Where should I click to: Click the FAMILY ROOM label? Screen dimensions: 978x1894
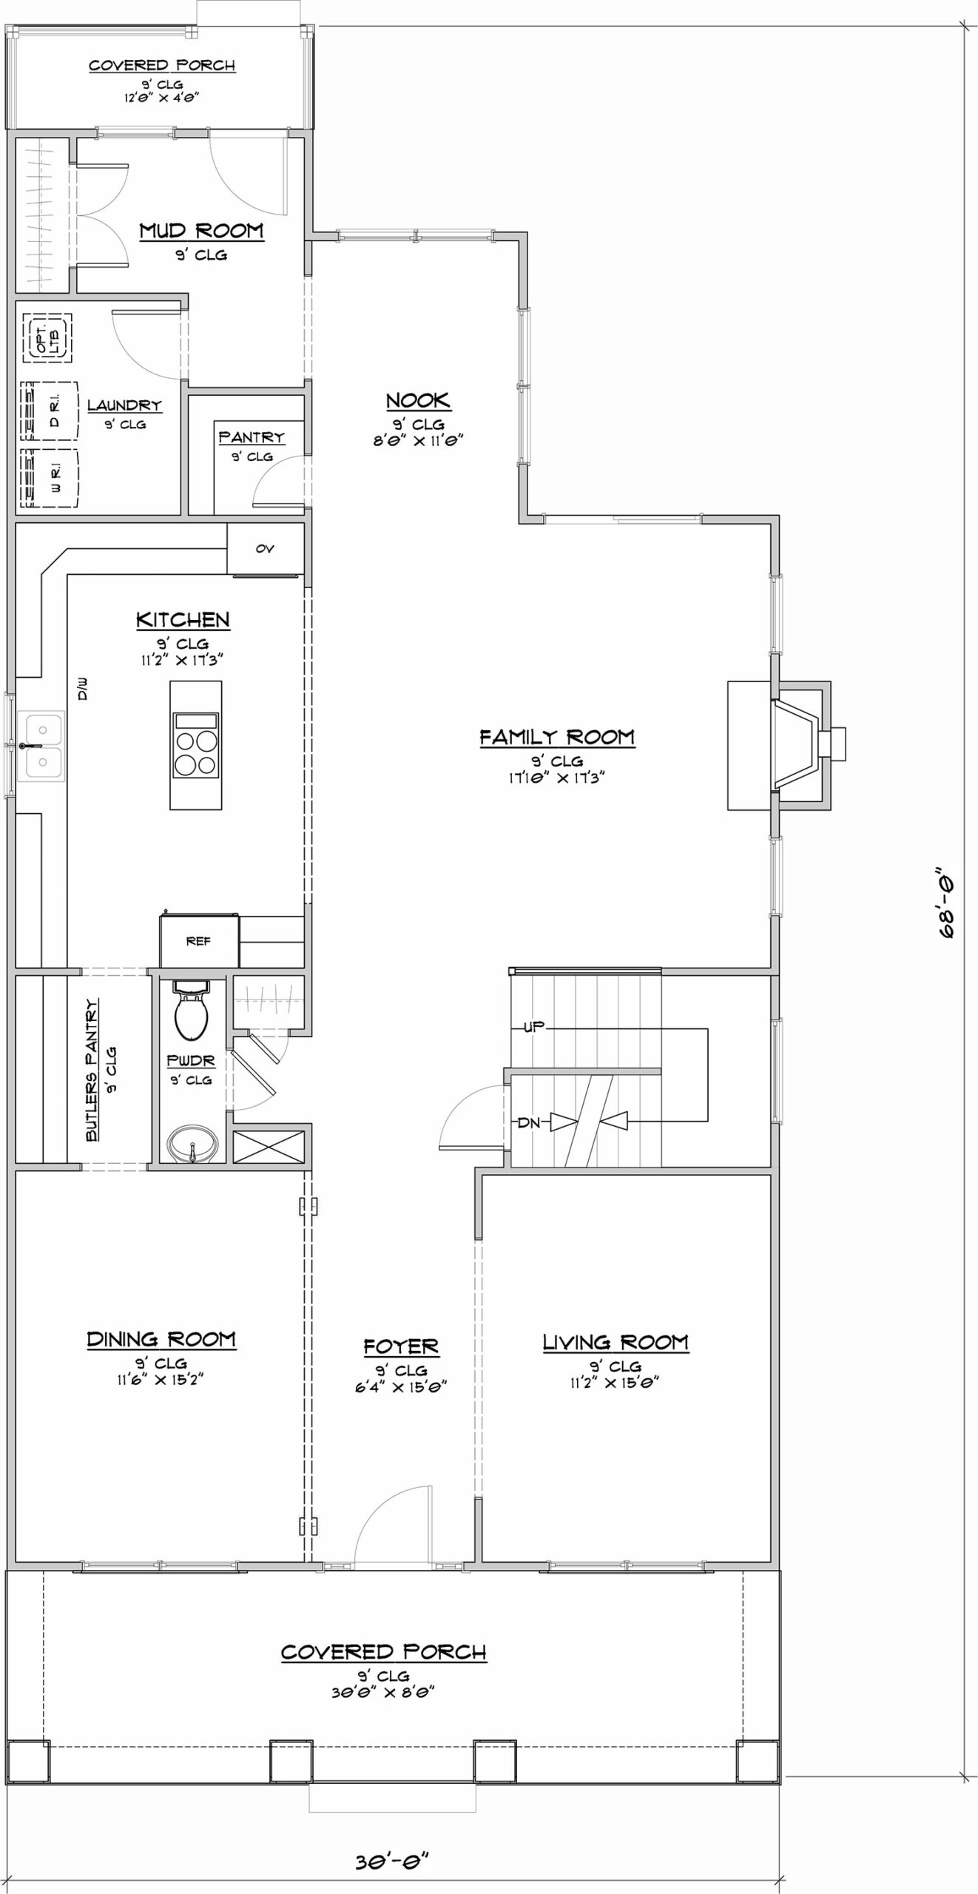pyautogui.click(x=557, y=737)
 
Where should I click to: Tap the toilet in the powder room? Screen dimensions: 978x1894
pyautogui.click(x=191, y=1010)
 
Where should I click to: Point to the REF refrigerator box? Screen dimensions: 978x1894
pyautogui.click(x=199, y=940)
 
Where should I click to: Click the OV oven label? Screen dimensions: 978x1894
pyautogui.click(x=265, y=548)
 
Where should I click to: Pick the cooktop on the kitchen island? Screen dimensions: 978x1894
pyautogui.click(x=195, y=745)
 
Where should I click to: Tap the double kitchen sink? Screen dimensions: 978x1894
pyautogui.click(x=41, y=746)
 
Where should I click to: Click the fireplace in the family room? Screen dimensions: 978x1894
pyautogui.click(x=786, y=745)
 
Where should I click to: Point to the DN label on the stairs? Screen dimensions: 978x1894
pyautogui.click(x=529, y=1122)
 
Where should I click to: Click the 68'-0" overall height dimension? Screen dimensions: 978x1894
pyautogui.click(x=946, y=902)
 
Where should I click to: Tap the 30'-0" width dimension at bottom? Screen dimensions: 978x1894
pyautogui.click(x=392, y=1860)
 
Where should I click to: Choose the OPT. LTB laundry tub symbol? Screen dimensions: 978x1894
pyautogui.click(x=48, y=338)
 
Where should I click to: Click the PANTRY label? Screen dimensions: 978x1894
pyautogui.click(x=252, y=437)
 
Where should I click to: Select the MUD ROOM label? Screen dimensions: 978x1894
pyautogui.click(x=201, y=231)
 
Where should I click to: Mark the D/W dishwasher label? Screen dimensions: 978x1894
pyautogui.click(x=83, y=689)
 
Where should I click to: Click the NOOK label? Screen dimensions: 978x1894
pyautogui.click(x=418, y=400)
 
